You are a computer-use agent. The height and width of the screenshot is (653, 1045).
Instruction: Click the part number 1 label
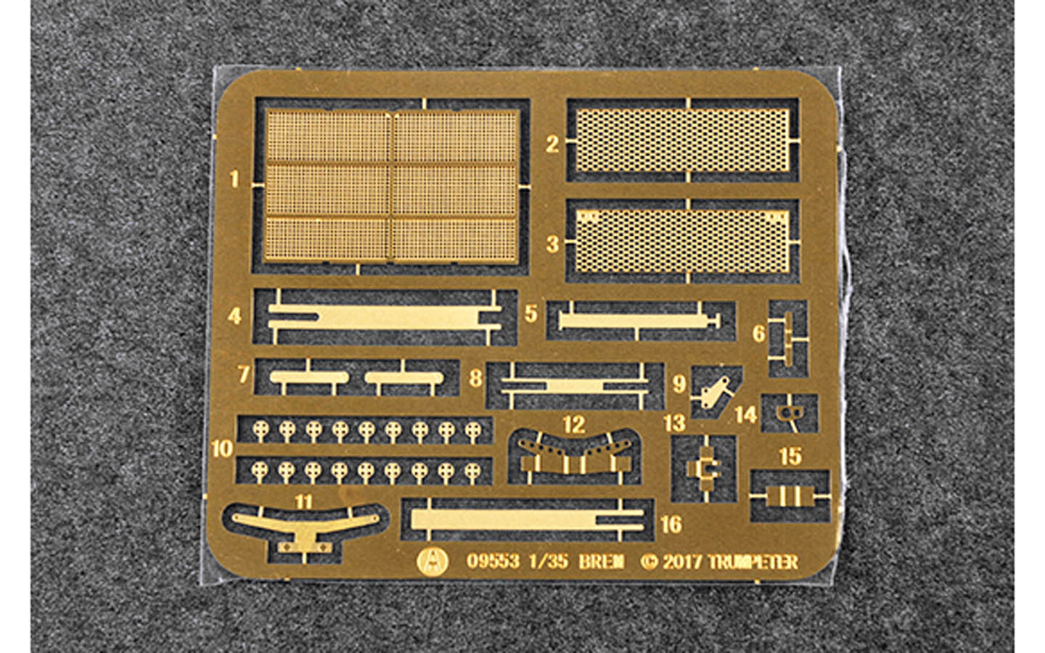pos(234,179)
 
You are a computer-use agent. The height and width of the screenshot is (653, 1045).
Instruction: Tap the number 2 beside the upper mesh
pos(552,144)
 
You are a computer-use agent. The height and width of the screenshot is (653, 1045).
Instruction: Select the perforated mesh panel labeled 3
pos(682,241)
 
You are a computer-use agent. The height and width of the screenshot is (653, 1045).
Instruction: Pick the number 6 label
pos(759,334)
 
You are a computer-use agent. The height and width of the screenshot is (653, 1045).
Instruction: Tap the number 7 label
pos(244,374)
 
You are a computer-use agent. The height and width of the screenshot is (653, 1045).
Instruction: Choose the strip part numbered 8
pos(575,386)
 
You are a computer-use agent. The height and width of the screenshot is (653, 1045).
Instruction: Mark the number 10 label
pos(222,449)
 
